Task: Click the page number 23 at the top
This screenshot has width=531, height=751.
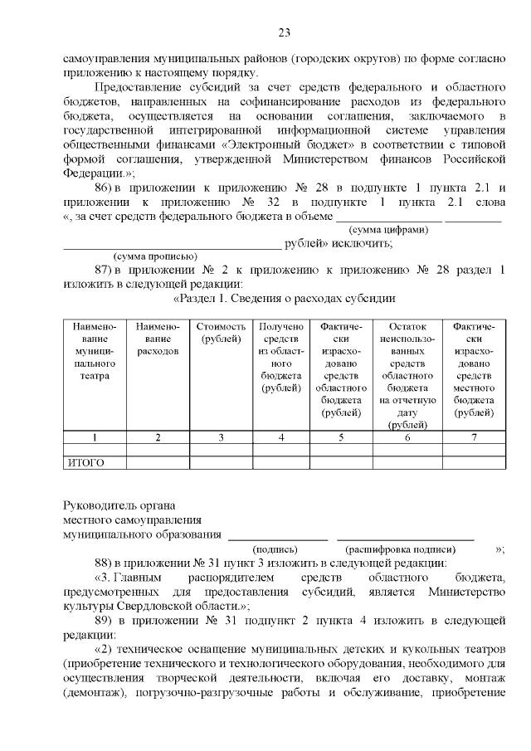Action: coord(283,33)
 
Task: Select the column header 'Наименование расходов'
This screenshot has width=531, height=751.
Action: coord(158,339)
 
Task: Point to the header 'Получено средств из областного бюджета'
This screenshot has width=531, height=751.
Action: coord(281,357)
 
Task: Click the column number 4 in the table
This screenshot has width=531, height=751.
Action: coord(281,436)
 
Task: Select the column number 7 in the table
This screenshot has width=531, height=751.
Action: coord(474,436)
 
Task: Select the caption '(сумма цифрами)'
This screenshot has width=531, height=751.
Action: coord(389,230)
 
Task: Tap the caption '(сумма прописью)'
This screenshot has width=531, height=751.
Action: coord(154,256)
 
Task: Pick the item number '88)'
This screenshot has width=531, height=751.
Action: coord(105,563)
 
